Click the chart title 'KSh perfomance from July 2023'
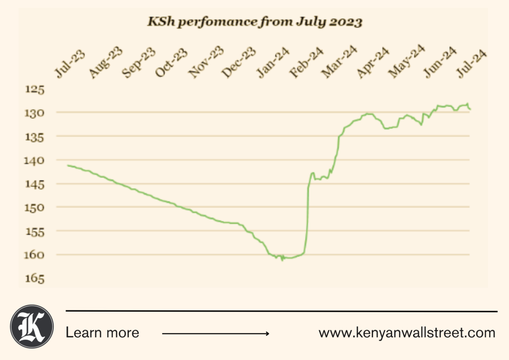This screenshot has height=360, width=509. tap(254, 22)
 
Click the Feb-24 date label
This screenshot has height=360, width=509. tap(306, 63)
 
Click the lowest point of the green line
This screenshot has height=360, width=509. tap(282, 260)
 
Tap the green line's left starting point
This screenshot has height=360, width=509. tap(68, 165)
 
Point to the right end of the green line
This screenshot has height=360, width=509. tap(470, 109)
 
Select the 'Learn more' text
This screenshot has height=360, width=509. tap(102, 333)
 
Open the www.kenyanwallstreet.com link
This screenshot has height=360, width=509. tap(407, 333)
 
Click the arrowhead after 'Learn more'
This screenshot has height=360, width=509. tap(267, 333)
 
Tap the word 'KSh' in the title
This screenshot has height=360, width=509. tap(160, 22)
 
